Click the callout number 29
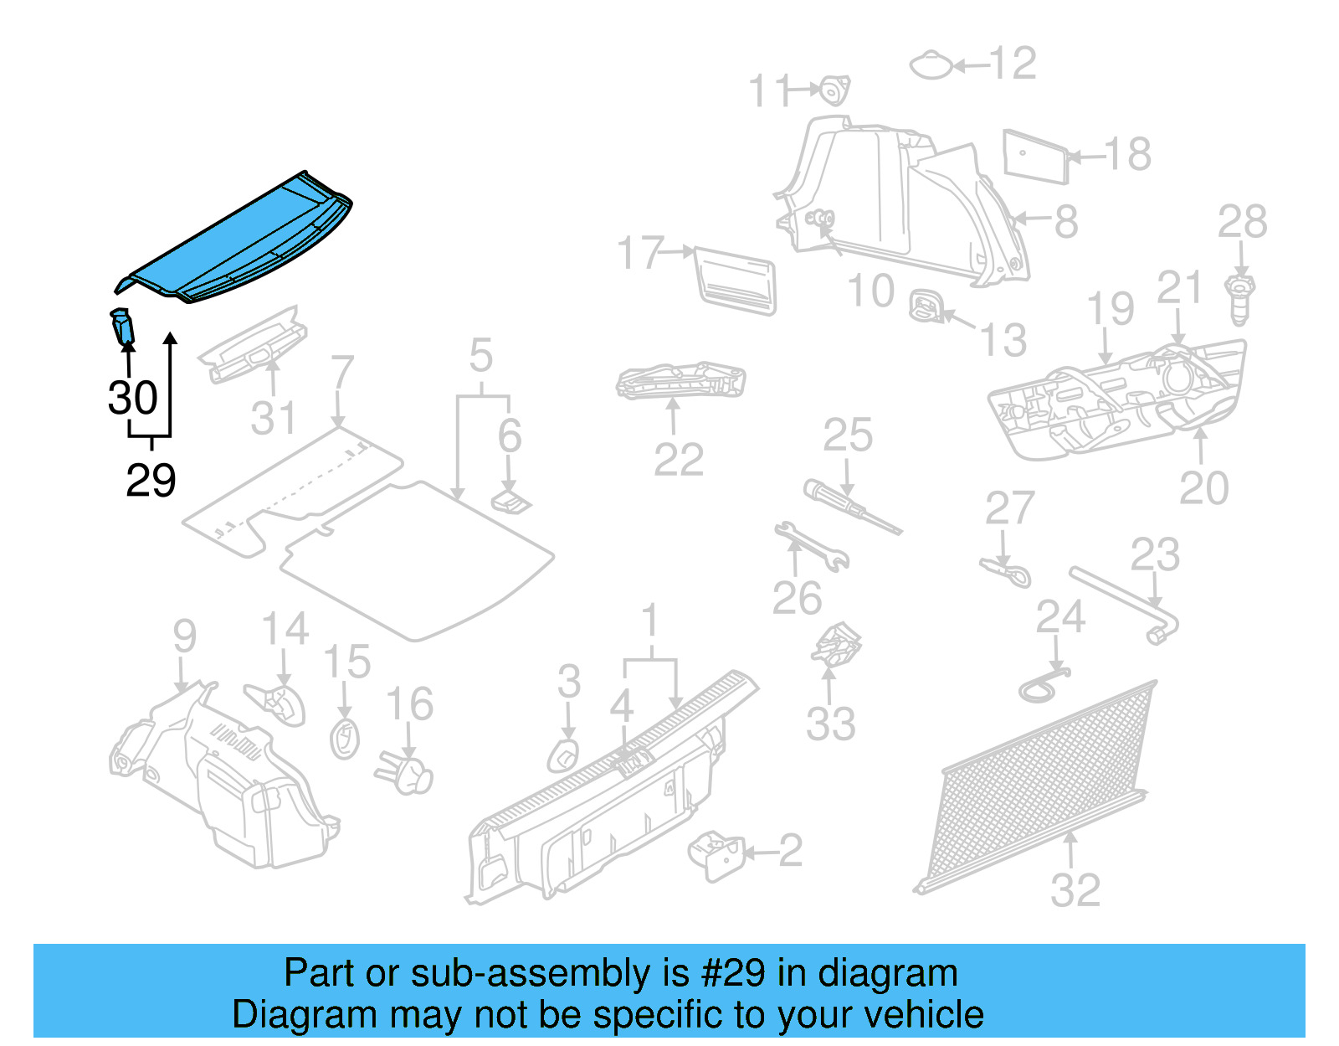coord(151,480)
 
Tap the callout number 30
coord(132,398)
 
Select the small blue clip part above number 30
coord(122,326)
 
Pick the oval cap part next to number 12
coord(931,65)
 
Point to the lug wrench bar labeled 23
coord(1126,601)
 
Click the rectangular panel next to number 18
coord(1035,156)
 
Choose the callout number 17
coord(640,253)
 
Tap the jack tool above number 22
coord(680,380)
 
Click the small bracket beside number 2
coord(716,855)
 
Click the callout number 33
coord(830,724)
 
